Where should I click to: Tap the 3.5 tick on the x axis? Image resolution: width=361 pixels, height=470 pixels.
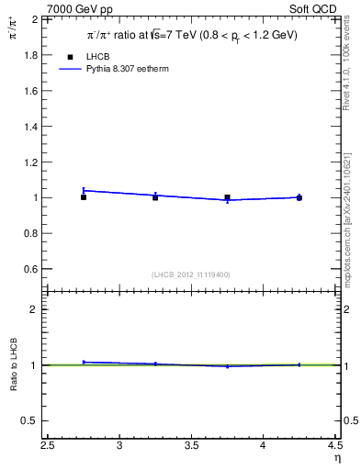192,445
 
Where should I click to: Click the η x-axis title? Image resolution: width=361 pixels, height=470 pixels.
336,458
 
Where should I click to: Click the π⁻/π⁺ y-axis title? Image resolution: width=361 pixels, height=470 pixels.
14,28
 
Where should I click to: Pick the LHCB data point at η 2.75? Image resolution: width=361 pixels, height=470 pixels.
84,196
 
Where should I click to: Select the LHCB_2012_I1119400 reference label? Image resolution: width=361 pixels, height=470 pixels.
191,274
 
